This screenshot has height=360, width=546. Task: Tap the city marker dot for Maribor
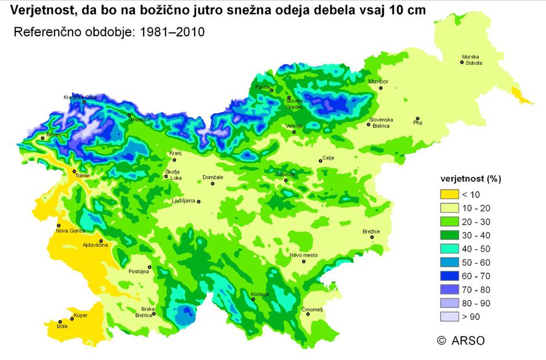tap(381, 88)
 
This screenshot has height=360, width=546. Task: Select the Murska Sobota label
tap(472, 60)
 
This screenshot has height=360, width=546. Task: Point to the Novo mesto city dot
tap(303, 262)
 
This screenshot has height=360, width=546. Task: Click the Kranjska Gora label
tap(80, 97)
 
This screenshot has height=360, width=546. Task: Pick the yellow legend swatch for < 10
tap(448, 195)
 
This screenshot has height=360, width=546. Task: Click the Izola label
tap(62, 327)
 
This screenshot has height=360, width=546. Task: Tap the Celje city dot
tap(320, 161)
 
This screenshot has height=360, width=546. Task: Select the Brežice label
tap(371, 232)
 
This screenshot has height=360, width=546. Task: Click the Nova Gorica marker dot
tap(59, 225)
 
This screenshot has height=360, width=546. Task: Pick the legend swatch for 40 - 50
tap(448, 255)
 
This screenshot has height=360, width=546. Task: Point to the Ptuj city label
tap(417, 123)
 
